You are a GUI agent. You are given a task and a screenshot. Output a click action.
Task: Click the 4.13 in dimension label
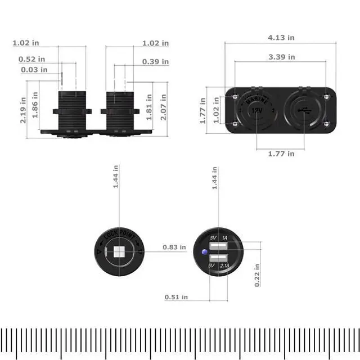pos(281,38)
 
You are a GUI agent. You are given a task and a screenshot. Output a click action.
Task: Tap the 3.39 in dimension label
pos(282,57)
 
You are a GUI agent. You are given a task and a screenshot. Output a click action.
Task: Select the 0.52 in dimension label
pos(31,59)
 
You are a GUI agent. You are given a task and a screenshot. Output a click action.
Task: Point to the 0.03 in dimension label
pos(34,70)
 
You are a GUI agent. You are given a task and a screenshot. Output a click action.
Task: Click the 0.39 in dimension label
pos(155,61)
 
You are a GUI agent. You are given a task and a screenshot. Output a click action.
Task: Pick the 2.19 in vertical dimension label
pos(23,110)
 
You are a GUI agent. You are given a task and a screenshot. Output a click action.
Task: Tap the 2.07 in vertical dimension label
pos(163,107)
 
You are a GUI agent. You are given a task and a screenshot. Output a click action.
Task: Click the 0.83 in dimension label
pos(174,247)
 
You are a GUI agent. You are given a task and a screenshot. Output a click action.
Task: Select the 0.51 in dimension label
pos(176,297)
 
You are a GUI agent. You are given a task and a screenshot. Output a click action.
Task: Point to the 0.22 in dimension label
pos(257,275)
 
